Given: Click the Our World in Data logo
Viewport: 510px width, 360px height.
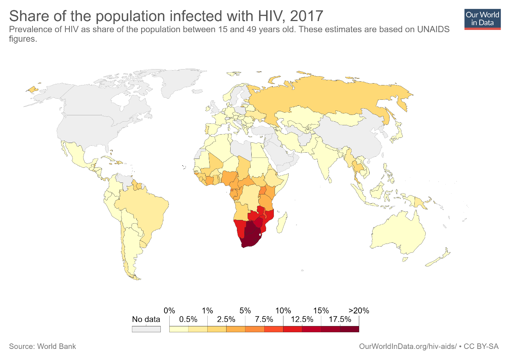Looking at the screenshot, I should pyautogui.click(x=482, y=19).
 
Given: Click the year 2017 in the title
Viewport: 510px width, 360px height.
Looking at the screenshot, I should pyautogui.click(x=306, y=16).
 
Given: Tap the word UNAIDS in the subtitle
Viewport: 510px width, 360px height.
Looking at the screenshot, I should pyautogui.click(x=433, y=30).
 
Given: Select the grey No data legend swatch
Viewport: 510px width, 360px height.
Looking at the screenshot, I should pyautogui.click(x=146, y=329).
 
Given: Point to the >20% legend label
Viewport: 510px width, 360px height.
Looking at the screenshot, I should pyautogui.click(x=358, y=311).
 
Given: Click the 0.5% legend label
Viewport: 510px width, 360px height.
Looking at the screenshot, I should pyautogui.click(x=188, y=320).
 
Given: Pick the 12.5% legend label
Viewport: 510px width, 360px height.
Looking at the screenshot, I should pyautogui.click(x=302, y=320).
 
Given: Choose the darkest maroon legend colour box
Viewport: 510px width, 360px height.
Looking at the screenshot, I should pyautogui.click(x=349, y=329).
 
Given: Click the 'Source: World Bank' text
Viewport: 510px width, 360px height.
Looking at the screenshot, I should pyautogui.click(x=42, y=347).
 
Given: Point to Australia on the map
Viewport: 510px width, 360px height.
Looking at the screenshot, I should pyautogui.click(x=399, y=233).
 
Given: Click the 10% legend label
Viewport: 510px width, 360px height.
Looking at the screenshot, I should pyautogui.click(x=283, y=311).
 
